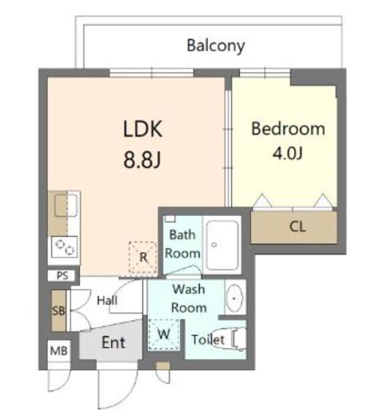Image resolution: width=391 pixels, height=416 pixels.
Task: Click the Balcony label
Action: [216, 46]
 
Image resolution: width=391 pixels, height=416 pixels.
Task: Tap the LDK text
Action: [142, 129]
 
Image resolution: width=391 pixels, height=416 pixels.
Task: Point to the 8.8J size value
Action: [142, 160]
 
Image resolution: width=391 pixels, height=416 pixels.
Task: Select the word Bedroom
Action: [288, 129]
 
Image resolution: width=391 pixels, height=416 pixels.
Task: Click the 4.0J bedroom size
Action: [288, 154]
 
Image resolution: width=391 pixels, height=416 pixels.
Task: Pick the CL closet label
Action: [297, 227]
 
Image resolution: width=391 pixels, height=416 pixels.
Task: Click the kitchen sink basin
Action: [66, 205]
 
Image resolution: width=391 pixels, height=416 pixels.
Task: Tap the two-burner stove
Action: [65, 247]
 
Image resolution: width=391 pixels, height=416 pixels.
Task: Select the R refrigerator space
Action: [143, 258]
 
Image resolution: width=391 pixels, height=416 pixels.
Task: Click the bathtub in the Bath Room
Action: [222, 245]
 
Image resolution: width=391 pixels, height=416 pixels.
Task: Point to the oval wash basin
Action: [234, 298]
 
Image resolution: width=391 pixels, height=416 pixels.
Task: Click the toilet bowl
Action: [234, 339]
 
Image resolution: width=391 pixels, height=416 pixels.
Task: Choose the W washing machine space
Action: [164, 334]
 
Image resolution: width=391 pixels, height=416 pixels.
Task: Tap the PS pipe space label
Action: [62, 275]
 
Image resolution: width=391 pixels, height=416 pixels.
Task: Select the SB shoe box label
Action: [58, 310]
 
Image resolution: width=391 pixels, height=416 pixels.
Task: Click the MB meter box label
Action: [59, 351]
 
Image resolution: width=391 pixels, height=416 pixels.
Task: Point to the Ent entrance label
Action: [114, 342]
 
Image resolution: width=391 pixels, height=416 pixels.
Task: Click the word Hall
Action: [107, 301]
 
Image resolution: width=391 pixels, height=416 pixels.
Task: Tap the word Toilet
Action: [208, 340]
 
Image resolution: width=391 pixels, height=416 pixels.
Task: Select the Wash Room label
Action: [189, 298]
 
